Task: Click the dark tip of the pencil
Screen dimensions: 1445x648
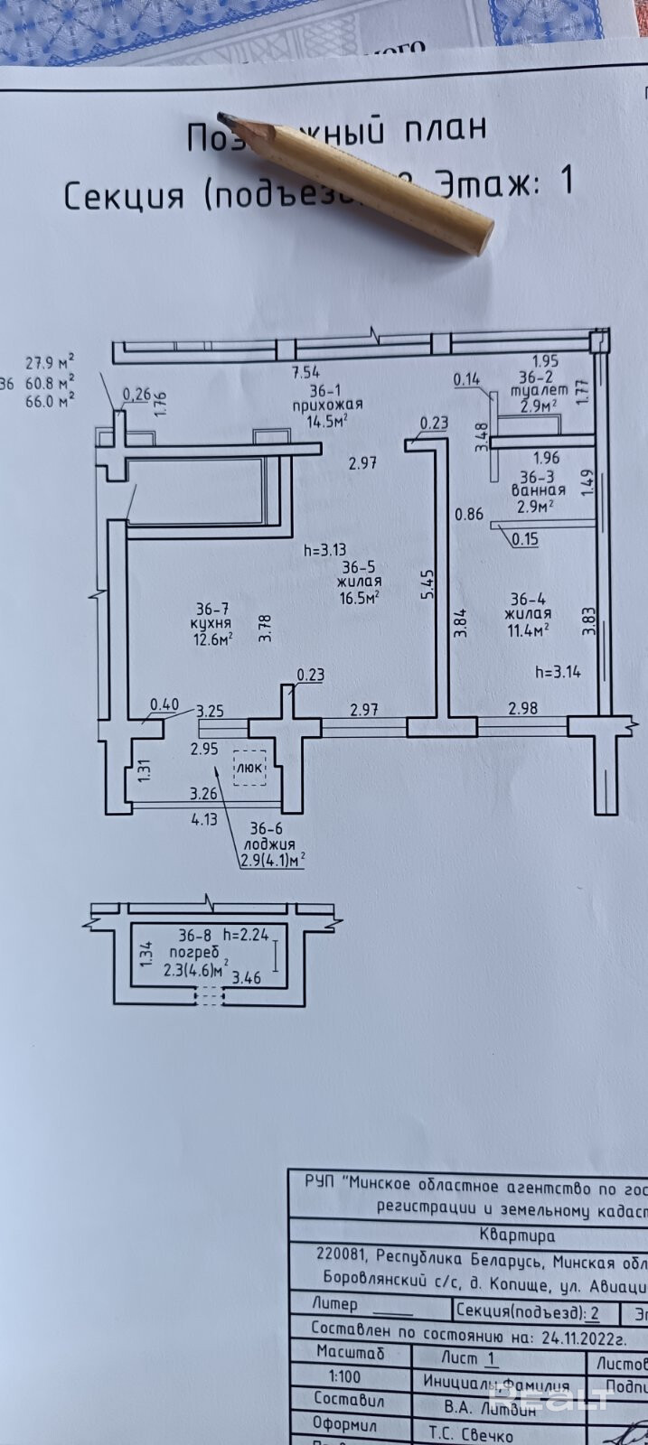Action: pos(225,117)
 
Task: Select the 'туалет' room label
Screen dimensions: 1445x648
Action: pos(539,391)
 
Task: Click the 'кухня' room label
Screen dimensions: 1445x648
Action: pos(211,623)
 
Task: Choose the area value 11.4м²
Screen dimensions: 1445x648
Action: pos(530,630)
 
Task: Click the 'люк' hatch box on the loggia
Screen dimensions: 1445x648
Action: pos(250,767)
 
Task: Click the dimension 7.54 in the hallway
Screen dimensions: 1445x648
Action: pos(305,371)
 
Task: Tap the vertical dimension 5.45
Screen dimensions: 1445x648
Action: pos(427,583)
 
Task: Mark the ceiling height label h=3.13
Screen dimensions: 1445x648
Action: pos(324,548)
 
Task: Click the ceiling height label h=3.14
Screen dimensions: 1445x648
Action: pos(557,671)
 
